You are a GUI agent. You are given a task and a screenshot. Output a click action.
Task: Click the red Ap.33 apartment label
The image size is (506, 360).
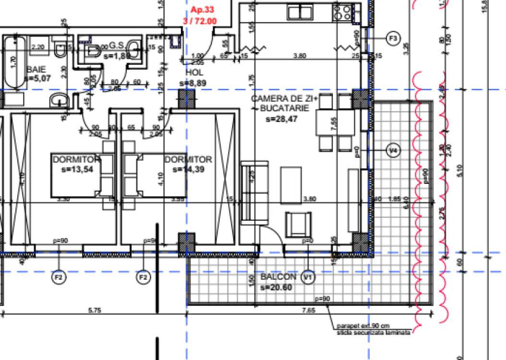[202, 10]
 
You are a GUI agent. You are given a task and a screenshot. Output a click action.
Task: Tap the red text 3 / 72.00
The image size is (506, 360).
[200, 21]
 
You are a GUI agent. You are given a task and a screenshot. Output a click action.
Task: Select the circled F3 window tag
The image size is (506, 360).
[393, 38]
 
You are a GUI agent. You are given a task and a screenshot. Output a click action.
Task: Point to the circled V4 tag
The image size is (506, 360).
[393, 151]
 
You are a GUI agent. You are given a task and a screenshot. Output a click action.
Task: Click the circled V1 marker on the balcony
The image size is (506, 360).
[307, 277]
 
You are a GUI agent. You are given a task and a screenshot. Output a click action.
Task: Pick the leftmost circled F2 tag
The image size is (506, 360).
[59, 277]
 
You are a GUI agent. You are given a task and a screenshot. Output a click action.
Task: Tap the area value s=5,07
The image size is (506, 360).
[38, 78]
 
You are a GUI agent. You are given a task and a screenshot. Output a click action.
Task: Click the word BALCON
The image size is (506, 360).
[278, 277]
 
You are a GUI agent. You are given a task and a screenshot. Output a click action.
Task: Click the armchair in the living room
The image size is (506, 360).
[298, 222]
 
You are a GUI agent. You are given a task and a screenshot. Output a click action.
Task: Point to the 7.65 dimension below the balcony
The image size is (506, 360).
[308, 311]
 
